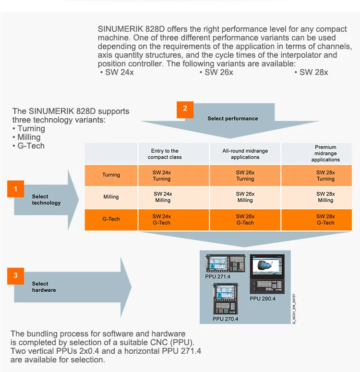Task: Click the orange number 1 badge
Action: click(x=15, y=189)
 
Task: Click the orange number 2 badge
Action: click(x=185, y=109)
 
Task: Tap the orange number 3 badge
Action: click(x=15, y=275)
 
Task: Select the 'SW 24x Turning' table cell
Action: click(x=162, y=175)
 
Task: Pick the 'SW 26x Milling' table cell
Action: click(x=245, y=197)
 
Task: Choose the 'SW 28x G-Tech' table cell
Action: click(x=325, y=219)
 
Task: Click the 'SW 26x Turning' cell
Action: click(x=245, y=175)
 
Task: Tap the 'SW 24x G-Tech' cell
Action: click(x=162, y=219)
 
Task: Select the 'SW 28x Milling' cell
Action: click(x=325, y=197)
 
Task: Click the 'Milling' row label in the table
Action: click(x=111, y=197)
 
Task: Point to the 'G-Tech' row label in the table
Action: click(x=111, y=219)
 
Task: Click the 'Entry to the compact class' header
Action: click(x=165, y=154)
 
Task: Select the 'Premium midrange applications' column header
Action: click(x=325, y=153)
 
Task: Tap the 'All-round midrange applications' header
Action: click(x=245, y=154)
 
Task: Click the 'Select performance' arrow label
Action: click(x=233, y=118)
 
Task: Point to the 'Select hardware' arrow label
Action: click(x=44, y=287)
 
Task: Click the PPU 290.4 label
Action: click(x=263, y=298)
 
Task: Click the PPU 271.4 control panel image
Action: click(x=225, y=264)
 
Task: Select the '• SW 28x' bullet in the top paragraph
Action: click(x=312, y=72)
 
